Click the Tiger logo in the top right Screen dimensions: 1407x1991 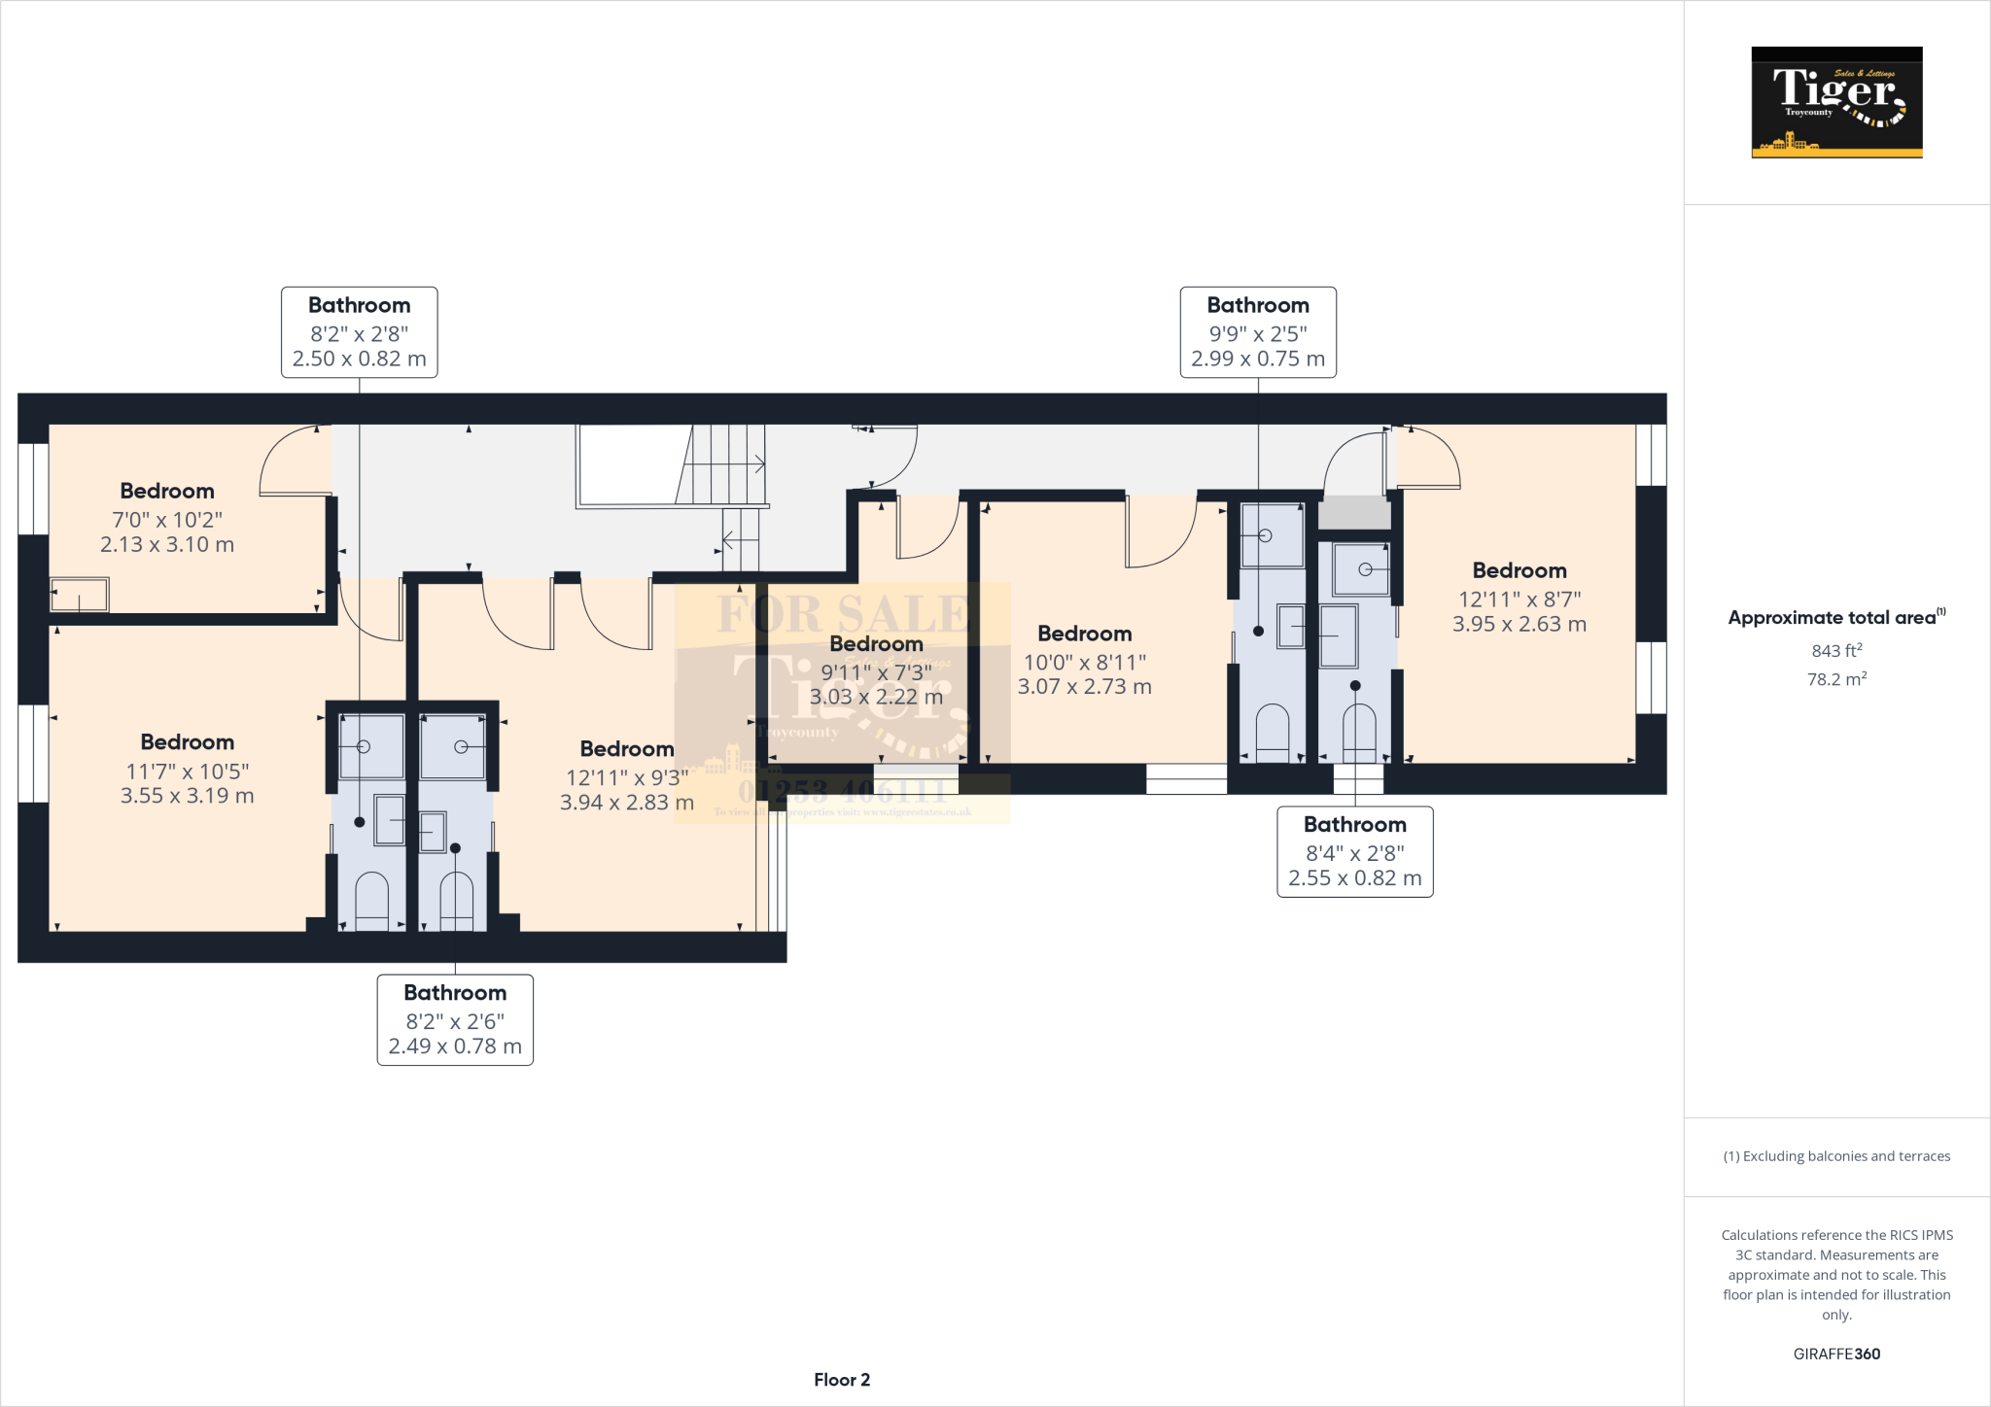pyautogui.click(x=1836, y=102)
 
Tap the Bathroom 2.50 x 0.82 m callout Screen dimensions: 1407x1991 pyautogui.click(x=359, y=332)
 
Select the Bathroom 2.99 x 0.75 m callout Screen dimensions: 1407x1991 pyautogui.click(x=1257, y=332)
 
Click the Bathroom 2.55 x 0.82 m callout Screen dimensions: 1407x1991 pyautogui.click(x=1354, y=851)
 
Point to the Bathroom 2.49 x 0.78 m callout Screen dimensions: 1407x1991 pyautogui.click(x=455, y=1019)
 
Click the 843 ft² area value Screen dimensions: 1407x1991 pyautogui.click(x=1835, y=650)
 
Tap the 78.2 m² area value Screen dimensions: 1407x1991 pyautogui.click(x=1835, y=679)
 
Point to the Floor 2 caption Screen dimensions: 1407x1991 pyautogui.click(x=841, y=1380)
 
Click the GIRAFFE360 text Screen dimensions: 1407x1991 pyautogui.click(x=1835, y=1354)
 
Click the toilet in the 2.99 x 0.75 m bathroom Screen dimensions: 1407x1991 pyautogui.click(x=1272, y=733)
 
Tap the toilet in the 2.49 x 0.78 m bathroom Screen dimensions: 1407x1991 pyautogui.click(x=456, y=901)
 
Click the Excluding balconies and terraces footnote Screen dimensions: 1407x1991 pyautogui.click(x=1835, y=1156)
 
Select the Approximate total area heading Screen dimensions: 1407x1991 pyautogui.click(x=1835, y=617)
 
